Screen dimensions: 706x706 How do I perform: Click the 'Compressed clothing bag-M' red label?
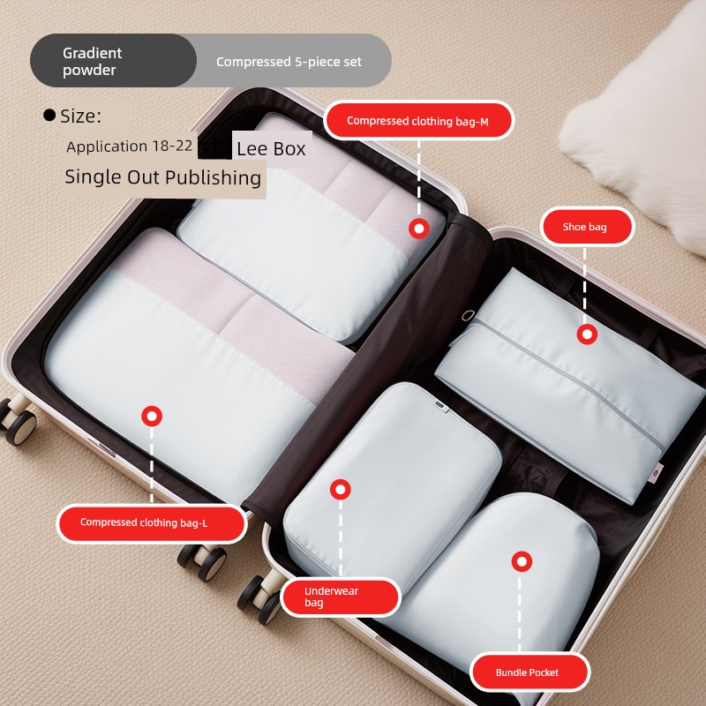click(x=418, y=120)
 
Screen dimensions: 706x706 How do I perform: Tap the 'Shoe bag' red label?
click(x=587, y=227)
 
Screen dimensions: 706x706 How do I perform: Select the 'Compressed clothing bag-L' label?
click(x=152, y=523)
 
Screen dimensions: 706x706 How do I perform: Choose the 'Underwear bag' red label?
click(x=341, y=597)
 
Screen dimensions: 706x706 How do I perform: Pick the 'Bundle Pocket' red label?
click(x=529, y=672)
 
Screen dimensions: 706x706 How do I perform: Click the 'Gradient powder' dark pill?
click(x=114, y=61)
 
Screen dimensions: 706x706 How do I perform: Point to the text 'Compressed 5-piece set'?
click(x=289, y=62)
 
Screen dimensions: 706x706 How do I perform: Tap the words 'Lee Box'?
click(x=271, y=149)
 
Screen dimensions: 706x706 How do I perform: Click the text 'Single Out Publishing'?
click(x=163, y=177)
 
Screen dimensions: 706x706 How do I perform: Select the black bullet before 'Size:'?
click(x=49, y=116)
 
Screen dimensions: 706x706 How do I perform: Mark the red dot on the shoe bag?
click(x=587, y=334)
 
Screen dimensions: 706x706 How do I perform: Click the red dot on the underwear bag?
click(x=341, y=490)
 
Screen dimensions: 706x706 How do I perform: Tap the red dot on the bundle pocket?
click(x=522, y=561)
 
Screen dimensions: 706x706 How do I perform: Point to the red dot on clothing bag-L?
click(x=152, y=416)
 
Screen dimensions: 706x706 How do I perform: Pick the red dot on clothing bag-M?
click(x=418, y=229)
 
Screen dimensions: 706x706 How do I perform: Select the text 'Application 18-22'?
click(x=129, y=146)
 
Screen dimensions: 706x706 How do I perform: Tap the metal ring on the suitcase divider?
click(x=469, y=315)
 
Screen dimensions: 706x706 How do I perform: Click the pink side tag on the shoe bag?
click(x=657, y=473)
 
